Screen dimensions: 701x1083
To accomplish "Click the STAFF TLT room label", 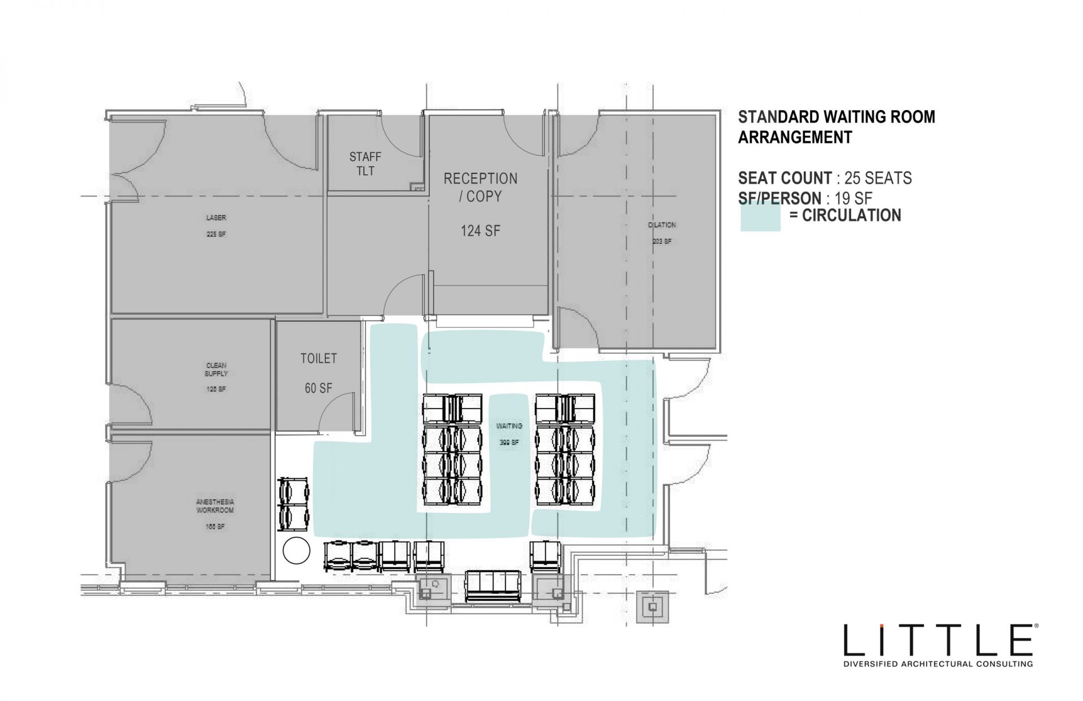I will (x=365, y=164).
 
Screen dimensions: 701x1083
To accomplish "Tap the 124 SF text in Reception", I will (x=480, y=230).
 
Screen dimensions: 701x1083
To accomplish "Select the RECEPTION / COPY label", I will (x=480, y=187).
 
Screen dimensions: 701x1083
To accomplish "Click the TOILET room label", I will (x=319, y=358).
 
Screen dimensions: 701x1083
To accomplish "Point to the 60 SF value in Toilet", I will (x=319, y=388).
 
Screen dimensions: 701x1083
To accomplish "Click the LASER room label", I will (x=216, y=218).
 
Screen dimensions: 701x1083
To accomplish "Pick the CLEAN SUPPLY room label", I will (x=216, y=369).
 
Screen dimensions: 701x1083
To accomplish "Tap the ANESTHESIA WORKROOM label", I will (x=215, y=506).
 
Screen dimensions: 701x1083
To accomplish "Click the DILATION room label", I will (x=662, y=225).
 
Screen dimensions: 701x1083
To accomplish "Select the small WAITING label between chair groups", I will (x=509, y=426).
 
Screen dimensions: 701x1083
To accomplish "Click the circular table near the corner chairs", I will (x=296, y=550).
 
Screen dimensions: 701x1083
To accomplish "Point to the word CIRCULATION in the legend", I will (x=851, y=216).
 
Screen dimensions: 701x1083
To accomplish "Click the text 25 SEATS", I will (x=878, y=178).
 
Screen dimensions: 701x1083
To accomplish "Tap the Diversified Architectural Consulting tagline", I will (x=937, y=664).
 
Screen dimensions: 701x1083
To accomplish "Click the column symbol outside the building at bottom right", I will (x=653, y=607).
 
